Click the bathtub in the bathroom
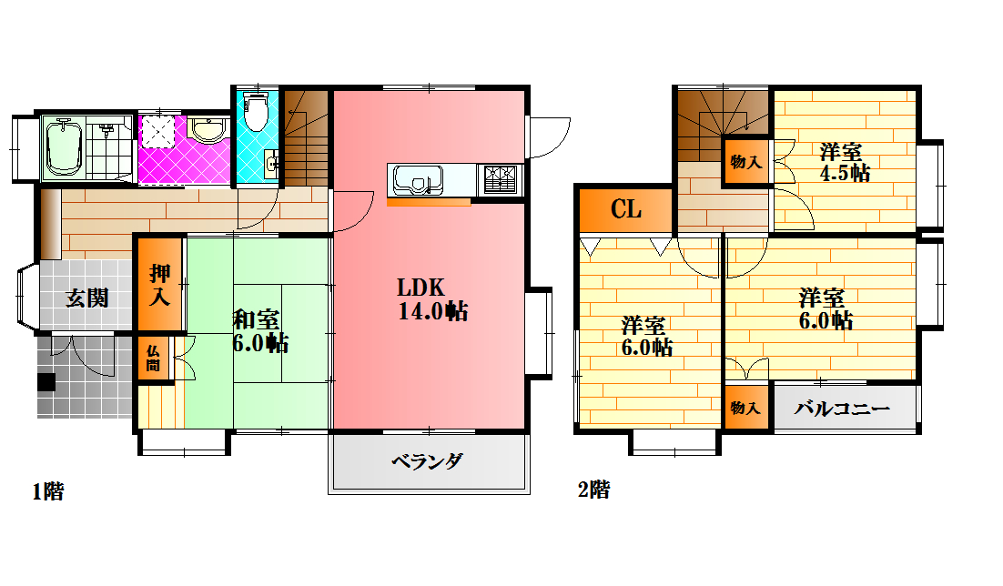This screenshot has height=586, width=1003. (x=64, y=146)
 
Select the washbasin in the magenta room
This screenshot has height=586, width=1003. (x=208, y=130)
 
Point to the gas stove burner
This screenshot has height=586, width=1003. (x=501, y=179)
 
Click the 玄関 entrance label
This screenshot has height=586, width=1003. (x=87, y=298)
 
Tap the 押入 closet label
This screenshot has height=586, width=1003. (x=160, y=285)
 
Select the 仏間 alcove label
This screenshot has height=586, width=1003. (x=153, y=358)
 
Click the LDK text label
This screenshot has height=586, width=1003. (x=420, y=288)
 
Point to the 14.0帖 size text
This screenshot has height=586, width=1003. (x=433, y=311)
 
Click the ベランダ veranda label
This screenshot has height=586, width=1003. (x=427, y=461)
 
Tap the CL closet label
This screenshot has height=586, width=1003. (x=625, y=209)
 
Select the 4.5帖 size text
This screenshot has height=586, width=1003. (x=845, y=173)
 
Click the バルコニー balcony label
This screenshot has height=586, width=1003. (x=842, y=408)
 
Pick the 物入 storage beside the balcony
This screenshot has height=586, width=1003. (x=745, y=408)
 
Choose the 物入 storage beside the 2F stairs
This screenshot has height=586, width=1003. (x=745, y=162)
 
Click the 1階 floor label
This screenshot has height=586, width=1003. (x=48, y=491)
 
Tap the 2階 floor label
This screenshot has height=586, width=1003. (x=593, y=490)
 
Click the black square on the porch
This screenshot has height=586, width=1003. (x=46, y=382)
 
